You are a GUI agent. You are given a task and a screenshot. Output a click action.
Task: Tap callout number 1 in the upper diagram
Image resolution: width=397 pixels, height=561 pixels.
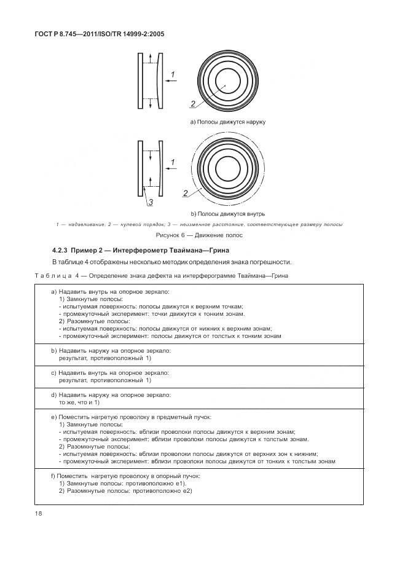[173, 74]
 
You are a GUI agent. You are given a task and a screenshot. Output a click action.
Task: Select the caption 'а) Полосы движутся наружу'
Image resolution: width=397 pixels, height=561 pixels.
[227, 122]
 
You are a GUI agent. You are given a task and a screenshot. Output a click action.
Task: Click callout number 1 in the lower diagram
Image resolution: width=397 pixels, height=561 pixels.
[173, 162]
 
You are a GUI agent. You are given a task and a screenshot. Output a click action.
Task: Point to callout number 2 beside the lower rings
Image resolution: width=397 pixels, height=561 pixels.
[185, 193]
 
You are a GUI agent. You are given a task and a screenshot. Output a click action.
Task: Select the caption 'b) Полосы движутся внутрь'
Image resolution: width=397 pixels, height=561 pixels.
[227, 213]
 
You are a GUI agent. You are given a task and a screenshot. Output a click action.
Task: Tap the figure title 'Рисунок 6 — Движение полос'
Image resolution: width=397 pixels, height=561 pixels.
[198, 235]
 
